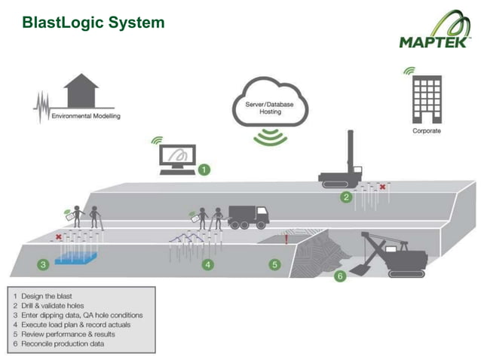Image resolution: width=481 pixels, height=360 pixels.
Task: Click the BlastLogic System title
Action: click(x=93, y=23)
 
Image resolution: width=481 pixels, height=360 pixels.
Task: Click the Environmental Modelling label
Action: click(x=85, y=117)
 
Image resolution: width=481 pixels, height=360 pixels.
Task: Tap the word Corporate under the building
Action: click(x=427, y=130)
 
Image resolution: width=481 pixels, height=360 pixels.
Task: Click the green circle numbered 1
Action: click(x=204, y=170)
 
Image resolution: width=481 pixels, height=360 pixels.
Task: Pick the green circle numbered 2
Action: click(x=346, y=198)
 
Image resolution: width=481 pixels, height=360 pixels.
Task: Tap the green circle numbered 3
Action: click(x=44, y=264)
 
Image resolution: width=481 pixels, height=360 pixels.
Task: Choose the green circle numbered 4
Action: click(x=207, y=264)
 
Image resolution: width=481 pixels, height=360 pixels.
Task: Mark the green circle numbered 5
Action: click(x=275, y=264)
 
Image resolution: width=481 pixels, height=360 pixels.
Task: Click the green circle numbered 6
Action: click(x=339, y=276)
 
